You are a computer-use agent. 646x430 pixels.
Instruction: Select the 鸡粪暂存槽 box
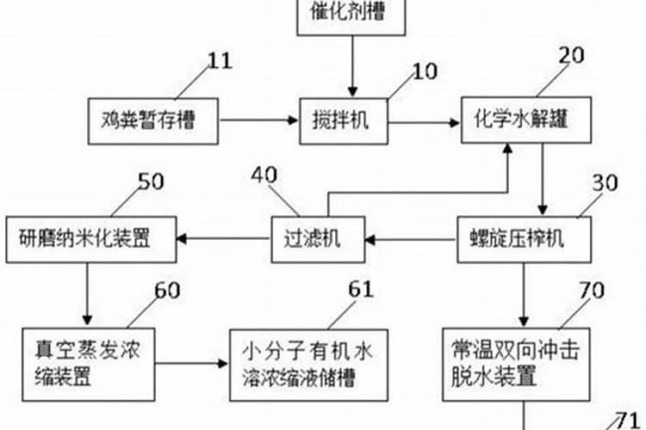(153, 121)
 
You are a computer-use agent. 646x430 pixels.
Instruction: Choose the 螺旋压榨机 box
(524, 239)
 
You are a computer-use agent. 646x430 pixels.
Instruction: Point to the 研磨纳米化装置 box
(91, 238)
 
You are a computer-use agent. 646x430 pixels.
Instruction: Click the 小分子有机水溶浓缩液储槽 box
(306, 365)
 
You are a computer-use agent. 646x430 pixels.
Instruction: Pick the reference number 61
(362, 289)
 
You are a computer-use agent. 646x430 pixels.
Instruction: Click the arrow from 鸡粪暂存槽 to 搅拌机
(259, 122)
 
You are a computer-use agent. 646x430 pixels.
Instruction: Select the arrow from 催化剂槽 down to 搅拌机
(351, 64)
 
